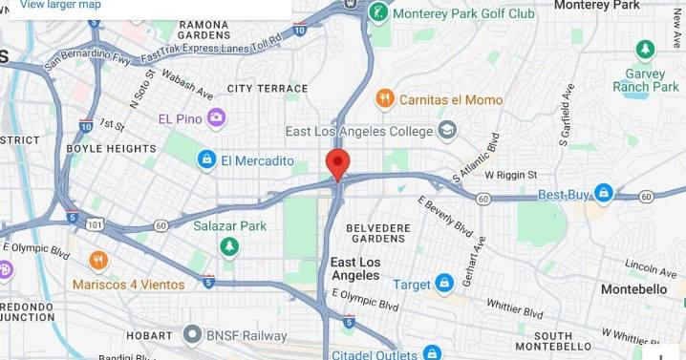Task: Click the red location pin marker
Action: pyautogui.click(x=337, y=163)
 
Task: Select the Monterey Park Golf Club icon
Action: pyautogui.click(x=379, y=13)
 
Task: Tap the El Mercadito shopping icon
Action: pyautogui.click(x=206, y=160)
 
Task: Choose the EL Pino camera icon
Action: pyautogui.click(x=217, y=118)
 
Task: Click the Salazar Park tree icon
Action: pyautogui.click(x=229, y=246)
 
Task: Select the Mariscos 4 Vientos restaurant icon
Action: pyautogui.click(x=98, y=261)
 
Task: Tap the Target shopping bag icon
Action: pyautogui.click(x=444, y=284)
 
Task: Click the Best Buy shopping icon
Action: pyautogui.click(x=603, y=195)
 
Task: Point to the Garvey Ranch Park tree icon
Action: pyautogui.click(x=646, y=50)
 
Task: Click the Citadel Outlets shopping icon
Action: pyautogui.click(x=432, y=353)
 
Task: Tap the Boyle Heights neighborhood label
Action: pyautogui.click(x=112, y=149)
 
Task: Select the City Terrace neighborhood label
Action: pyautogui.click(x=268, y=89)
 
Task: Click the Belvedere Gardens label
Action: pyautogui.click(x=370, y=233)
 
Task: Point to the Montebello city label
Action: pyautogui.click(x=633, y=288)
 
